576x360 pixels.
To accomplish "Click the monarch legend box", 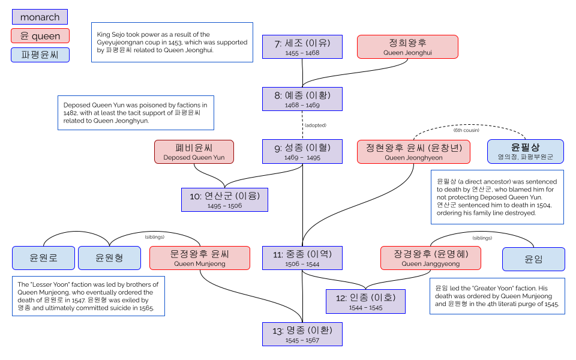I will [x=40, y=17].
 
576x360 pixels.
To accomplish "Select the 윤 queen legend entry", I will [x=40, y=36].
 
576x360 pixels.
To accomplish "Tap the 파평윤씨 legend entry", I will [x=40, y=55].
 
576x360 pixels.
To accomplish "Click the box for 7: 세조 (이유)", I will [x=302, y=46].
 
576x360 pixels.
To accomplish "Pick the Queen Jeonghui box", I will [x=407, y=47].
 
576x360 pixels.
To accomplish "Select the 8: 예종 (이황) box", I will [x=302, y=99].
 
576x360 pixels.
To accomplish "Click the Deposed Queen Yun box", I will [x=194, y=152].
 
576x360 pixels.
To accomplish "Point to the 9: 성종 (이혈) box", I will [x=302, y=152].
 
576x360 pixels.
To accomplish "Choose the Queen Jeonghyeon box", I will [x=413, y=152].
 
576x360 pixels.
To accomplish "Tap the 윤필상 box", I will [x=525, y=152].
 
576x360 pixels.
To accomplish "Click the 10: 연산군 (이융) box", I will [x=224, y=200].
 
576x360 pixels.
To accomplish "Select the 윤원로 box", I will [x=43, y=258].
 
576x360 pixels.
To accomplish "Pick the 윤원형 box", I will [x=109, y=258].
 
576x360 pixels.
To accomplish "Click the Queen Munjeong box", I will [x=200, y=258].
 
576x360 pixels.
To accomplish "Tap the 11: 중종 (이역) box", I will [x=302, y=258].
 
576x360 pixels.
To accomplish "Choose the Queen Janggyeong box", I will [x=430, y=258].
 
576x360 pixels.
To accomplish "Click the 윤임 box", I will [x=533, y=259].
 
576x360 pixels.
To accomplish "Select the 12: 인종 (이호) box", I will [x=365, y=301].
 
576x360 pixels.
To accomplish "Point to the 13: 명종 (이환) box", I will [x=302, y=334].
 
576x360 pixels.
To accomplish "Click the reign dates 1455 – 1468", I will [x=302, y=53].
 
